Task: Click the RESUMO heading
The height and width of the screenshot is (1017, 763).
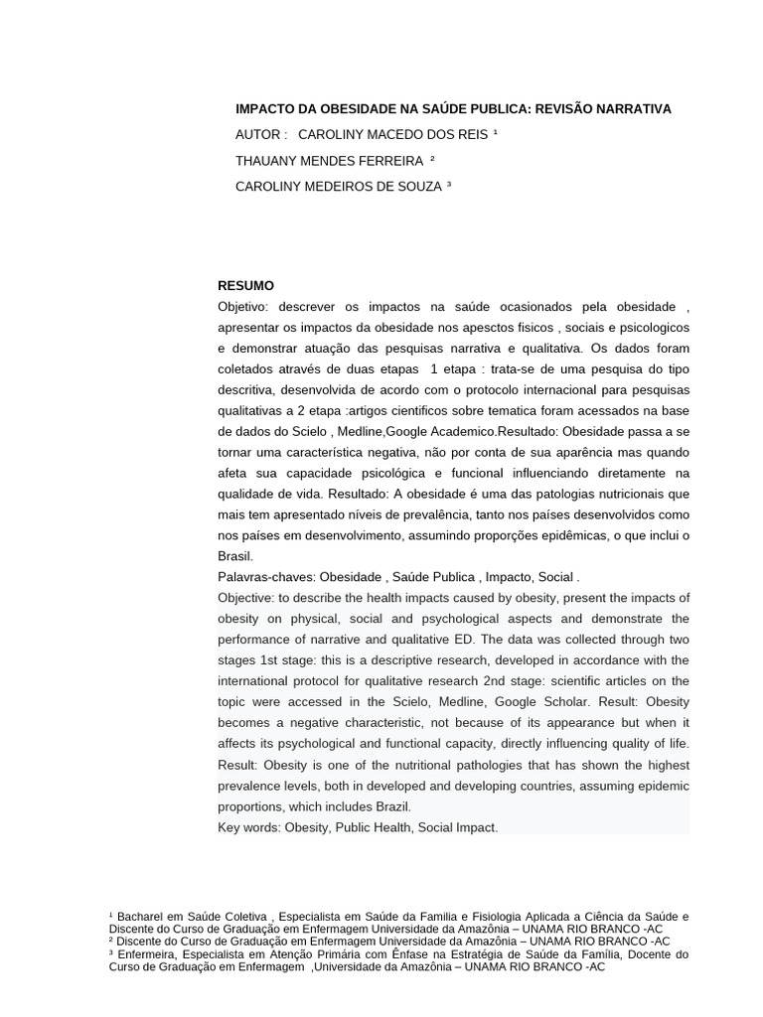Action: (x=245, y=286)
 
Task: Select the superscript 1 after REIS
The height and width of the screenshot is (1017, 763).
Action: (x=495, y=132)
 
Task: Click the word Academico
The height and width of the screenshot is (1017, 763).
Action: (x=461, y=432)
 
